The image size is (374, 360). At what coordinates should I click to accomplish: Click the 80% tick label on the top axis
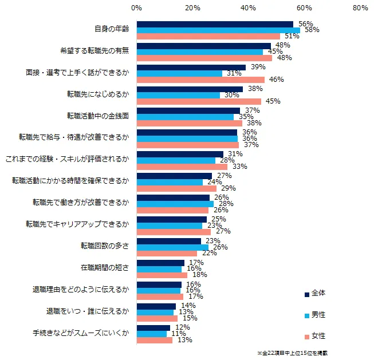click(x=360, y=8)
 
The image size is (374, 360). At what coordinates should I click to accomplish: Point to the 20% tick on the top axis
click(x=192, y=8)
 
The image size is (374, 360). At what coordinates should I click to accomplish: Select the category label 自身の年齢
click(x=111, y=30)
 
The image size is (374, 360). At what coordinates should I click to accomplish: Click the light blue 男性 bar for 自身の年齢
click(x=218, y=30)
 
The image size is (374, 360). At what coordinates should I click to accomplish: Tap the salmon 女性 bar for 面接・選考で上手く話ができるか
click(x=200, y=80)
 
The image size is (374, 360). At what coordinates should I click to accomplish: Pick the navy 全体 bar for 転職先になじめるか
click(x=190, y=89)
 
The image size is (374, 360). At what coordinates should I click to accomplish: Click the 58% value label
click(x=311, y=29)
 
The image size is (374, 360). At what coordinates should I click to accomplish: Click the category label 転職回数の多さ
click(x=105, y=246)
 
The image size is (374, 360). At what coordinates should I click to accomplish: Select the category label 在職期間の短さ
click(x=105, y=268)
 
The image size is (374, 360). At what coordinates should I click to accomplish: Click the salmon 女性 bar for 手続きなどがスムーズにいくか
click(x=155, y=340)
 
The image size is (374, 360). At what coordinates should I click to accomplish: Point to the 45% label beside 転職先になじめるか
click(x=273, y=101)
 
